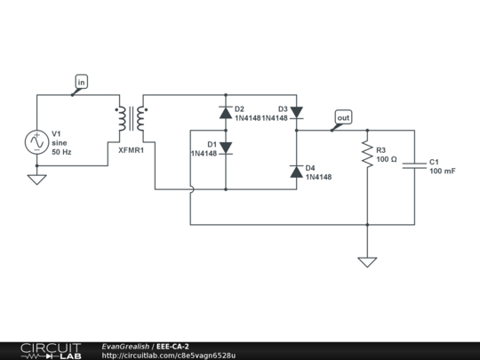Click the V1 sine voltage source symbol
(x=37, y=140)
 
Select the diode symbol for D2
(x=225, y=113)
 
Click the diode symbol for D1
(x=225, y=148)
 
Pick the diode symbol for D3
(x=295, y=113)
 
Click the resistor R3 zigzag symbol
(x=366, y=155)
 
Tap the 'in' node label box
(x=81, y=82)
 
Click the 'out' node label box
(x=342, y=116)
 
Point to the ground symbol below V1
(x=37, y=179)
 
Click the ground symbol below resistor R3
(x=366, y=261)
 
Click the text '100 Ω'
(x=387, y=160)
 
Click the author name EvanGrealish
(x=126, y=346)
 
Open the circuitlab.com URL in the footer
(x=169, y=356)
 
